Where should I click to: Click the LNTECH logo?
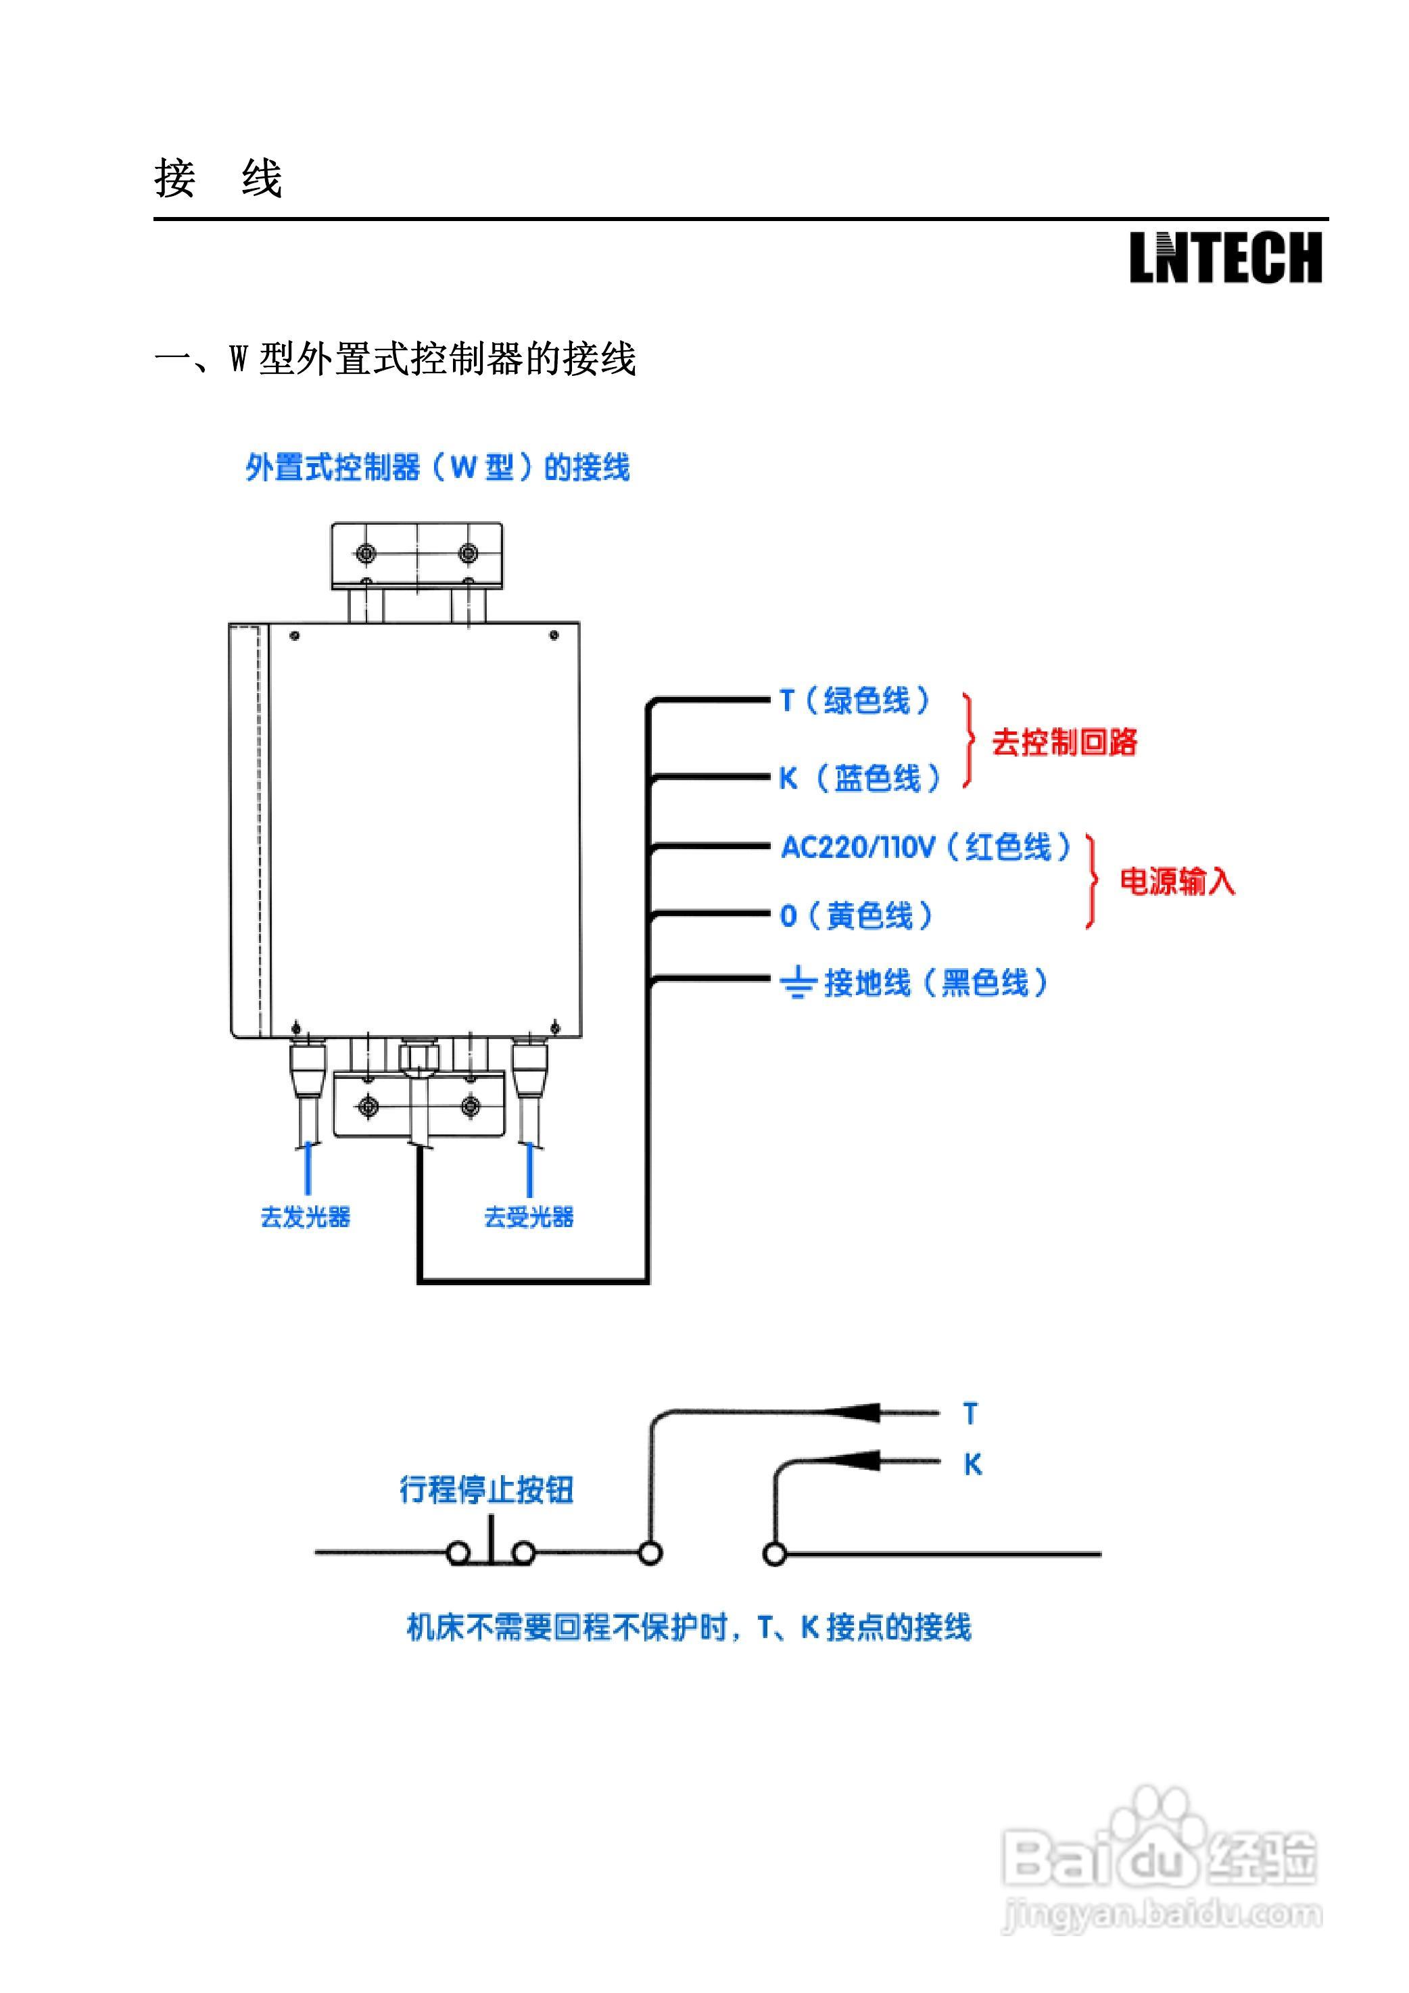tap(1225, 258)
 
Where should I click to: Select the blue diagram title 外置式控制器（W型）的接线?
tap(437, 468)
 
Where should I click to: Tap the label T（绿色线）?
tap(855, 700)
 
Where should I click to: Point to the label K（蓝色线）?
tap(859, 777)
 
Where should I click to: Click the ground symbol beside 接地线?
tap(797, 984)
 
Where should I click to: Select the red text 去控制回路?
tap(1064, 742)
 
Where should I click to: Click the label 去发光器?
tap(306, 1217)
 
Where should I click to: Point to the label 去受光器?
tap(529, 1217)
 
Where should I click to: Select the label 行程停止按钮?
tap(486, 1489)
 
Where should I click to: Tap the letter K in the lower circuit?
tap(972, 1464)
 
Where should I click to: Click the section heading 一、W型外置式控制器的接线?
tap(395, 358)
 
